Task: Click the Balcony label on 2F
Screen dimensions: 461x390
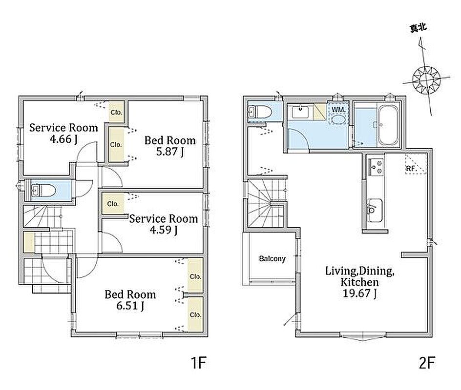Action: click(272, 258)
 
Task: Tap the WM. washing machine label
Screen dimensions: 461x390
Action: click(338, 110)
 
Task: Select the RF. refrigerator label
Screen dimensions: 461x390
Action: click(411, 169)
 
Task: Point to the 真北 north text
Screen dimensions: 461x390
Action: click(418, 28)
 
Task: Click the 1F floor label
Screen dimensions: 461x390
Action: click(198, 363)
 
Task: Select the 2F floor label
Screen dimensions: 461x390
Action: click(427, 363)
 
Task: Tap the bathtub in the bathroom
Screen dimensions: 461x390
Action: click(388, 125)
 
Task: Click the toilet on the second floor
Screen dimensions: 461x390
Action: click(260, 112)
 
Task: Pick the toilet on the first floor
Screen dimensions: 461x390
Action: click(43, 191)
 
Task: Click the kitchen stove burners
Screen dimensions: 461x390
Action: click(376, 167)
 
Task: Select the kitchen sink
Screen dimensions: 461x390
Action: click(375, 211)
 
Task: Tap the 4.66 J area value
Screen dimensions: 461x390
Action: click(63, 139)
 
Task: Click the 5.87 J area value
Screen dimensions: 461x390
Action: click(170, 152)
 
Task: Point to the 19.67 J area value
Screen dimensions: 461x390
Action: click(359, 293)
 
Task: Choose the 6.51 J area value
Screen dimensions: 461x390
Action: click(130, 306)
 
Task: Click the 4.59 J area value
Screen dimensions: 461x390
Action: click(164, 230)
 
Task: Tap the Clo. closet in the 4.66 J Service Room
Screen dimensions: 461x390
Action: click(116, 112)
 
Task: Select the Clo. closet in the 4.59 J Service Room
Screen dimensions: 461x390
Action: click(113, 204)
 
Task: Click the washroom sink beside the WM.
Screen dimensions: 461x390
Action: click(300, 113)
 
